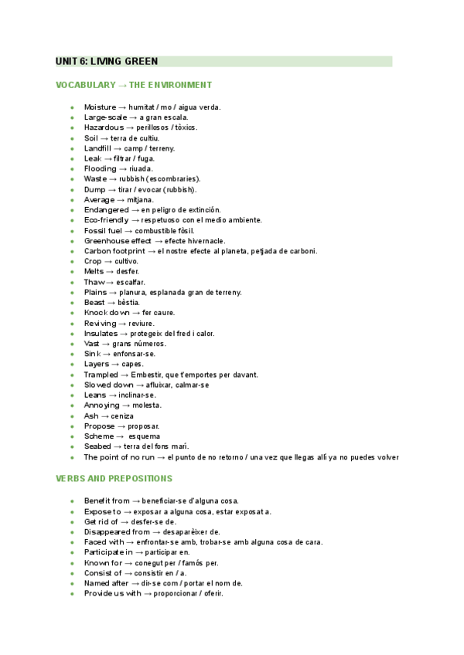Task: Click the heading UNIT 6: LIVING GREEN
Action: pyautogui.click(x=107, y=61)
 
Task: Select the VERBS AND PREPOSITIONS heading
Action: pyautogui.click(x=114, y=479)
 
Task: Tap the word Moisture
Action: pyautogui.click(x=101, y=107)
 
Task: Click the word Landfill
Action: pyautogui.click(x=97, y=148)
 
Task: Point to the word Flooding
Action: pyautogui.click(x=101, y=168)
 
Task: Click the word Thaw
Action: pyautogui.click(x=94, y=282)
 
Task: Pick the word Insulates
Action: pyautogui.click(x=101, y=334)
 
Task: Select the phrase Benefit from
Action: pyautogui.click(x=107, y=501)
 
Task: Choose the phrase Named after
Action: pyautogui.click(x=107, y=583)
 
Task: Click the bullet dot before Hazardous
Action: pyautogui.click(x=71, y=127)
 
